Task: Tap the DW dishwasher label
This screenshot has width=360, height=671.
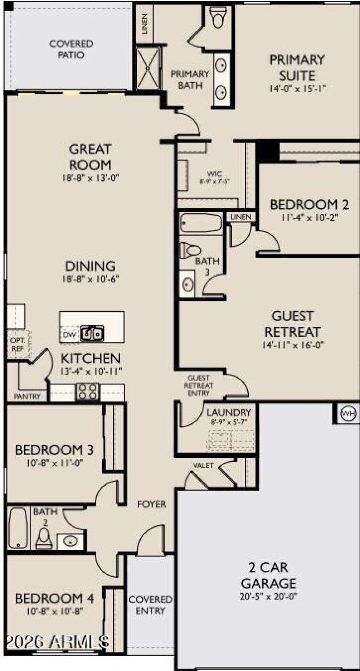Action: click(x=69, y=334)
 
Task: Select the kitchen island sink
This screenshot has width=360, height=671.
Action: click(x=92, y=334)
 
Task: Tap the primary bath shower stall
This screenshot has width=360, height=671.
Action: click(x=148, y=67)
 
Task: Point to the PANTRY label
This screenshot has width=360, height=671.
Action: click(x=27, y=397)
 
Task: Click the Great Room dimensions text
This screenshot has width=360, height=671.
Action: click(x=91, y=178)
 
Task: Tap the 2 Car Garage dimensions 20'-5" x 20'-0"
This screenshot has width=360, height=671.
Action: click(x=269, y=596)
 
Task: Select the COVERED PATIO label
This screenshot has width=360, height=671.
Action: click(x=71, y=49)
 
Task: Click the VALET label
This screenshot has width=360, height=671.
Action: click(x=203, y=465)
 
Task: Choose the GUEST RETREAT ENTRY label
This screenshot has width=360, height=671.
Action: click(x=198, y=386)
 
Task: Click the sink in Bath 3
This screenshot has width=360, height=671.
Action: click(x=188, y=284)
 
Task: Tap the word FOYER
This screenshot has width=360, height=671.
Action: click(x=151, y=504)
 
